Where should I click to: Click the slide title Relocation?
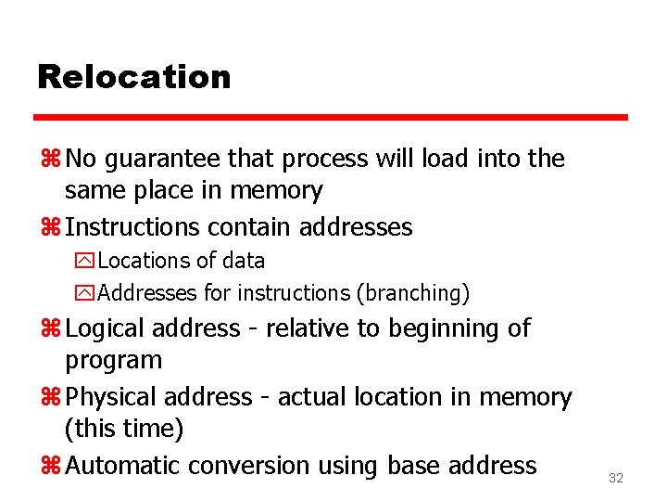tap(133, 76)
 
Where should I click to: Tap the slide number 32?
tap(615, 479)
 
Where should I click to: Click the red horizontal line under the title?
tap(331, 118)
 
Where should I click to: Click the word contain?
tap(248, 226)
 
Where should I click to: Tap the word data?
tap(243, 261)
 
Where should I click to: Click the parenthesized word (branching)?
tap(413, 293)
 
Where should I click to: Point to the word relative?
tap(301, 328)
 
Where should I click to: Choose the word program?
tap(113, 360)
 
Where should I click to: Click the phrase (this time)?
tap(124, 429)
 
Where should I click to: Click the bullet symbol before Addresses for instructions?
tap(85, 293)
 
